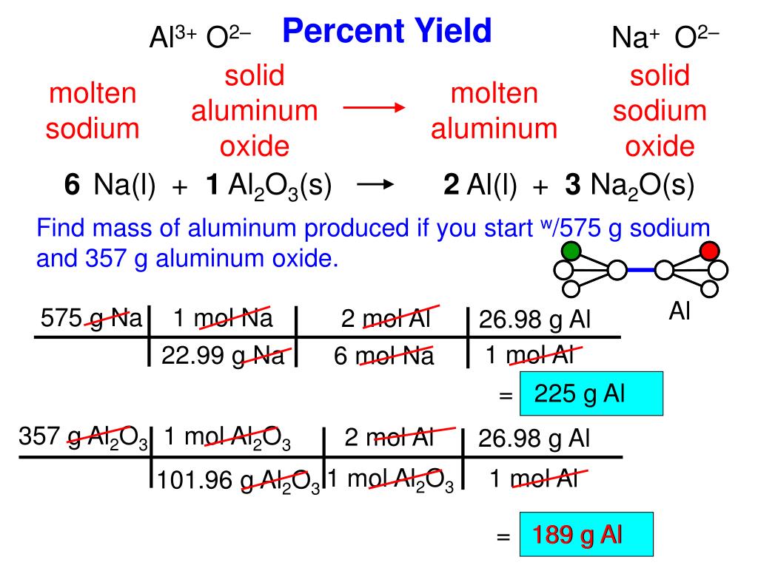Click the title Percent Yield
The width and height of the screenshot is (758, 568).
[x=387, y=31]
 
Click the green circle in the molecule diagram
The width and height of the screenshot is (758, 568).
[x=571, y=251]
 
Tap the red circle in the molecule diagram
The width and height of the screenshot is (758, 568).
[x=710, y=251]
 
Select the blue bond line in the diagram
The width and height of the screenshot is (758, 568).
[x=641, y=271]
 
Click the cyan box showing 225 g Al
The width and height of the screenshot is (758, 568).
[x=591, y=393]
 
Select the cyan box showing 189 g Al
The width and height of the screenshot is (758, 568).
[x=587, y=533]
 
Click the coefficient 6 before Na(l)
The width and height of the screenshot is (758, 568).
[x=72, y=187]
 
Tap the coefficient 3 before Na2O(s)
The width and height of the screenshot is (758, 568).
[x=572, y=187]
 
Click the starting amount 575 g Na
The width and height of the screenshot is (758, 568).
[x=91, y=319]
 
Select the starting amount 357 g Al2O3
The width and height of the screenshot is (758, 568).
[x=84, y=439]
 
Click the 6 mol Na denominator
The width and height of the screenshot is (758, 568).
[x=384, y=356]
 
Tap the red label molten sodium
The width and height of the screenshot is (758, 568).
[x=93, y=111]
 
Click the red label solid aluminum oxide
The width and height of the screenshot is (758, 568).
[x=255, y=111]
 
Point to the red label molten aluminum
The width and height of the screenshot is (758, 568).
[x=494, y=111]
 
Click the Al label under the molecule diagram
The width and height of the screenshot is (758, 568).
[x=680, y=312]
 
